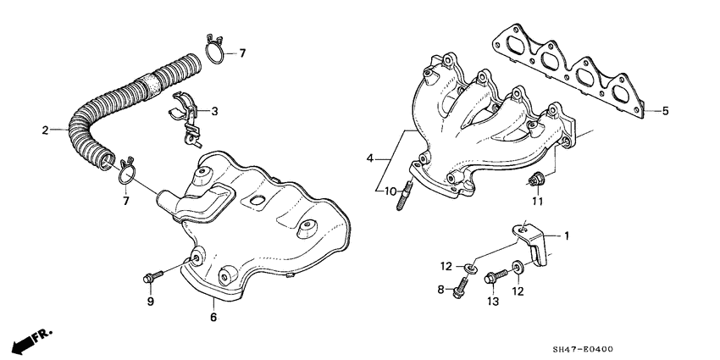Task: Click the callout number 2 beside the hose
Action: (45, 130)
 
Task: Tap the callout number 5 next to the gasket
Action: (666, 110)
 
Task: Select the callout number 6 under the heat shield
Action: (213, 318)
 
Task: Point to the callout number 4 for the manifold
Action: (370, 158)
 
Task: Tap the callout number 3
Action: (215, 111)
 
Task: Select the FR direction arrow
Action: (28, 341)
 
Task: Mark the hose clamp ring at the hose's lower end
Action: (125, 172)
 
